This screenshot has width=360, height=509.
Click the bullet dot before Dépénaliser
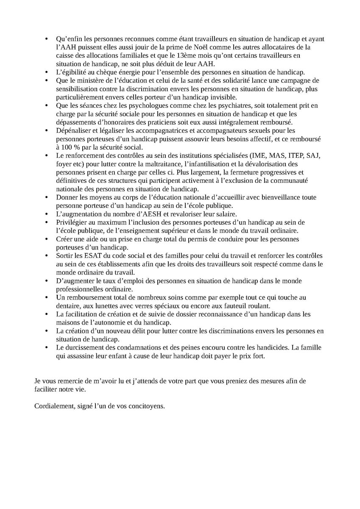[x=47, y=131]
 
